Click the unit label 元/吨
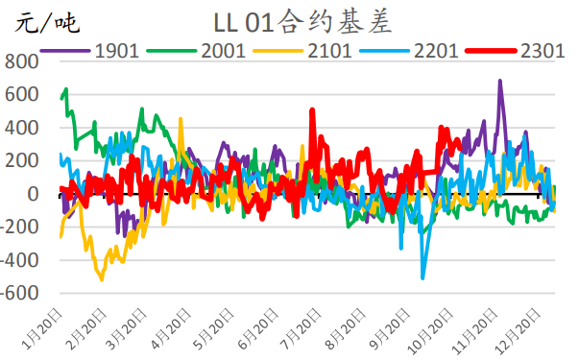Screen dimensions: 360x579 click(40, 20)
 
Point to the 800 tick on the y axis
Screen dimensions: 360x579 click(24, 63)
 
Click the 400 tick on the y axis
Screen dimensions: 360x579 click(24, 129)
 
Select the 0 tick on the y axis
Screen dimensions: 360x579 click(34, 195)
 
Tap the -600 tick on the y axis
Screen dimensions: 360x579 click(21, 294)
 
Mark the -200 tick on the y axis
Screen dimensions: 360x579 click(21, 228)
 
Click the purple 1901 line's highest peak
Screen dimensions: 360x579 click(500, 82)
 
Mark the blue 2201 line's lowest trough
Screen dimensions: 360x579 click(422, 278)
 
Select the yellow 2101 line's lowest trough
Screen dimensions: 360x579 click(102, 279)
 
